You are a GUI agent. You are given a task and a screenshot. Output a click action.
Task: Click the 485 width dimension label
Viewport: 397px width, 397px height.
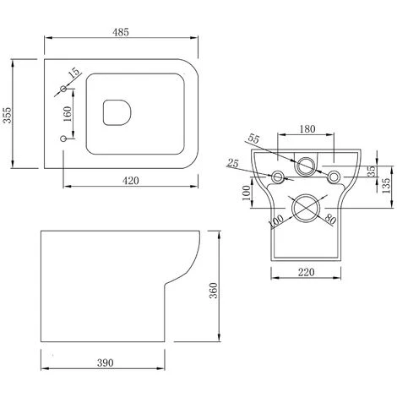[x=121, y=32]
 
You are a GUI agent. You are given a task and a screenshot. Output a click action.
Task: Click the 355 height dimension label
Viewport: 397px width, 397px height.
[x=7, y=115]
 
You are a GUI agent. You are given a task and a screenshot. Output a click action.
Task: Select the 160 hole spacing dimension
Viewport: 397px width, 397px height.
[x=68, y=113]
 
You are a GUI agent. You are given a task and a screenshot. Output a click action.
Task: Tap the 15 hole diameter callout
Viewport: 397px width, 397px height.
[x=74, y=73]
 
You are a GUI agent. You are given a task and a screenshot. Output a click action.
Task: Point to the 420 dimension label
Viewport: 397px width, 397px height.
[x=131, y=181]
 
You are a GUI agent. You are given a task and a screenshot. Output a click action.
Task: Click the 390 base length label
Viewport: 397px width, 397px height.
[x=106, y=362]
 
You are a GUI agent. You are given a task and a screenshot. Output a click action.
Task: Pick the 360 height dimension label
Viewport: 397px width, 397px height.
[x=214, y=291]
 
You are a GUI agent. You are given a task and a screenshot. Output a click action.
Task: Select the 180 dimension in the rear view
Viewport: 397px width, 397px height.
[x=307, y=129]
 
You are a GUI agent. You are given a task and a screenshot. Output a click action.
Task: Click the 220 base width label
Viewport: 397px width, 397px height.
[x=306, y=272]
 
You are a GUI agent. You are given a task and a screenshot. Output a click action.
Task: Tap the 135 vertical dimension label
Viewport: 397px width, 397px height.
[x=387, y=185]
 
